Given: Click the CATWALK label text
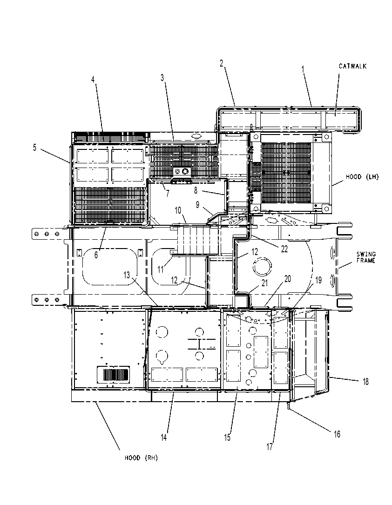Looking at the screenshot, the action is [x=353, y=66].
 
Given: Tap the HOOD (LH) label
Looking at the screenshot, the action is [x=362, y=177].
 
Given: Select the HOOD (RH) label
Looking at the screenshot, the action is [x=142, y=458].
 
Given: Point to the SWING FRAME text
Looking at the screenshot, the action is [x=366, y=257].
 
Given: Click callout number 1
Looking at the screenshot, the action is [x=303, y=69].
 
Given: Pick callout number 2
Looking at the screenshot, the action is [x=221, y=63].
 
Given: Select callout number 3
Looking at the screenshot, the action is [x=162, y=78].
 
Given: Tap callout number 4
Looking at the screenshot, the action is [x=93, y=80].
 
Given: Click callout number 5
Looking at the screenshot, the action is [x=34, y=148].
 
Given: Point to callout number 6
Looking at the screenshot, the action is [x=96, y=255].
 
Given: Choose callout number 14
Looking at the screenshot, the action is [x=164, y=438].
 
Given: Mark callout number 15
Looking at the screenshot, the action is [x=227, y=438].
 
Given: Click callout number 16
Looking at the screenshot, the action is [x=337, y=434].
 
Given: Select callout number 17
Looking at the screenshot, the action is [x=269, y=447].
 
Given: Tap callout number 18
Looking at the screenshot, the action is [x=365, y=382].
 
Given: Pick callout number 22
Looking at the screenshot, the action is [x=284, y=249].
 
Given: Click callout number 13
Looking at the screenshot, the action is [x=127, y=275].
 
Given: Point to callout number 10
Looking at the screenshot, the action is [x=178, y=210].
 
